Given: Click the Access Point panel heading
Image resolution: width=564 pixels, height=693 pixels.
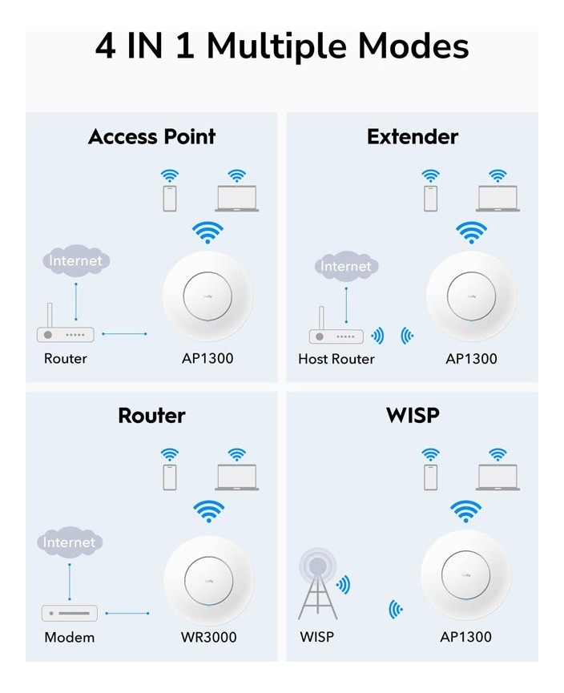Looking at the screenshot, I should (151, 137).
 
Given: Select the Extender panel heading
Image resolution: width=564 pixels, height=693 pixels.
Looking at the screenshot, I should (412, 137).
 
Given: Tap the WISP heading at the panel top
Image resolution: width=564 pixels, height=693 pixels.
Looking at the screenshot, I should (413, 415).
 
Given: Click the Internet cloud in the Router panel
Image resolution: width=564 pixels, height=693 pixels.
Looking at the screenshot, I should (70, 542).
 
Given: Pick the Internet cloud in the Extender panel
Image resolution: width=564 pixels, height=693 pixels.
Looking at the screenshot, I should (345, 266).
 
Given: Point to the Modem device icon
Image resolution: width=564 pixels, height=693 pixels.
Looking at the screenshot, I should (70, 613).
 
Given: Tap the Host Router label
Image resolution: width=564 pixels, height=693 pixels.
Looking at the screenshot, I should (336, 359).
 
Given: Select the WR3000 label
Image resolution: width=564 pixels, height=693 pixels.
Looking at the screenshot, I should (208, 638).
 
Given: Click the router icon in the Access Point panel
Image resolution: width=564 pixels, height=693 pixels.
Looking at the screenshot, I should (66, 330).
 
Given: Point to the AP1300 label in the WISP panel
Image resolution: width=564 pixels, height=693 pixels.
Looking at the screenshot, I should (465, 638).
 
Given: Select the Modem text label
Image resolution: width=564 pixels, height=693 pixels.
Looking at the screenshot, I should (69, 638).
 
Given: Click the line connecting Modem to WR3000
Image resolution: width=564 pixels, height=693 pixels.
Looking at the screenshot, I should (127, 614).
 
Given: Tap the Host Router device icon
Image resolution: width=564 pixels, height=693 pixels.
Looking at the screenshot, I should (336, 332).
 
